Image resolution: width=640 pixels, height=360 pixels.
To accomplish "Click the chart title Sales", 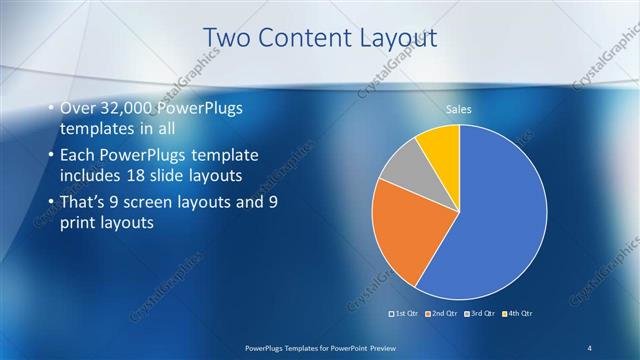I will point(459,110).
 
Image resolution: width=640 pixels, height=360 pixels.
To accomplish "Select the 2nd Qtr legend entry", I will point(444,315).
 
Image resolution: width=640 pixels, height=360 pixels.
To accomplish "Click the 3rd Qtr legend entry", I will point(481,315).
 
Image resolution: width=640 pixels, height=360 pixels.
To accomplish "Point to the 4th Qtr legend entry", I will point(517,315).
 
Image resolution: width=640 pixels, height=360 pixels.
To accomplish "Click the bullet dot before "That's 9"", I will point(51,202).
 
